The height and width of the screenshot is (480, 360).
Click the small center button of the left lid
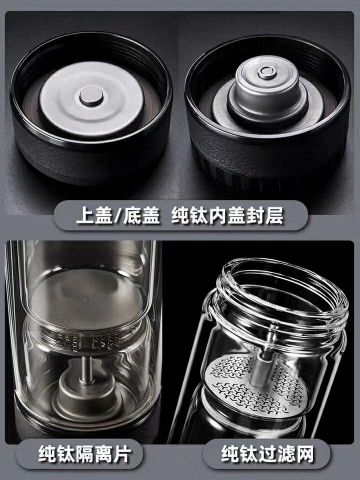(91, 96)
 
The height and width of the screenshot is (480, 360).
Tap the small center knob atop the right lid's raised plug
(265, 72)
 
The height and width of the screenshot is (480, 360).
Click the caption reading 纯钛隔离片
(84, 454)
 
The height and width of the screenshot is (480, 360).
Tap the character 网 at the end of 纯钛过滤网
(304, 454)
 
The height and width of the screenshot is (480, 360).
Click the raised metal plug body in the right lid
(267, 89)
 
